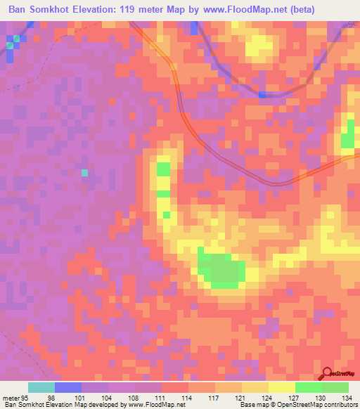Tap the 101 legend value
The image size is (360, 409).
(81, 398)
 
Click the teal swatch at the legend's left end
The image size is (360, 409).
(41, 387)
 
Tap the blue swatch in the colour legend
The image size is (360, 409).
(67, 387)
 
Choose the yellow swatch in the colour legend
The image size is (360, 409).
(281, 387)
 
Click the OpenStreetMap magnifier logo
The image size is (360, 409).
(327, 374)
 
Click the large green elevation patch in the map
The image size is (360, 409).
(221, 271)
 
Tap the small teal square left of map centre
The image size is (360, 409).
(84, 172)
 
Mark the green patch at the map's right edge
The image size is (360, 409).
(347, 137)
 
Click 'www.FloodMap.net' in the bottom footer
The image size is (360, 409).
(150, 405)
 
